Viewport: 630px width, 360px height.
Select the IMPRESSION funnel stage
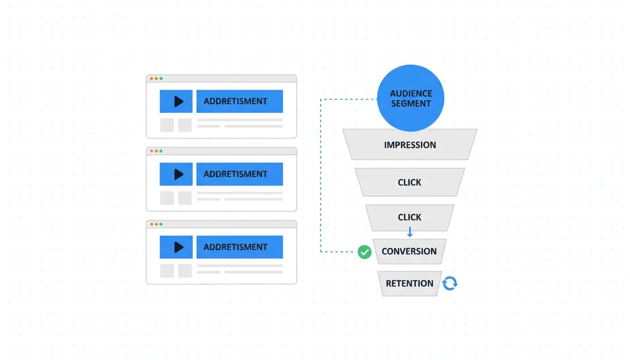click(x=410, y=145)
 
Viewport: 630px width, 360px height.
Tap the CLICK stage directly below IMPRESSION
click(x=410, y=182)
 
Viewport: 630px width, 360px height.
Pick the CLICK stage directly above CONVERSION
click(x=410, y=217)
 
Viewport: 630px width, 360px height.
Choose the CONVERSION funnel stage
click(x=409, y=251)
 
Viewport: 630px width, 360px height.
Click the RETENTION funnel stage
click(x=409, y=283)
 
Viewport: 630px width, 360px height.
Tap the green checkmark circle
click(x=364, y=252)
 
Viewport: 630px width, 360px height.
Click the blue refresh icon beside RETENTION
click(x=450, y=283)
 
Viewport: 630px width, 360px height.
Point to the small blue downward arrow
click(x=410, y=232)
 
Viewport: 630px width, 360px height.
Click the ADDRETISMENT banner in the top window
click(x=240, y=101)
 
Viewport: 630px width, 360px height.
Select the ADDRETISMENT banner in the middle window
click(x=240, y=174)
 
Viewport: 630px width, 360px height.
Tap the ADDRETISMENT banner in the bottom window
click(x=240, y=247)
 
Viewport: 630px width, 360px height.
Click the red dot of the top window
click(x=151, y=79)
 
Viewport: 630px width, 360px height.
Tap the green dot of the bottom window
click(x=161, y=225)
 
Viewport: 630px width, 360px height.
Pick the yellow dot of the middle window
click(x=156, y=151)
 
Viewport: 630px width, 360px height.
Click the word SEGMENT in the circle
click(x=411, y=104)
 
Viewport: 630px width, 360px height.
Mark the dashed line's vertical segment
click(x=321, y=176)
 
